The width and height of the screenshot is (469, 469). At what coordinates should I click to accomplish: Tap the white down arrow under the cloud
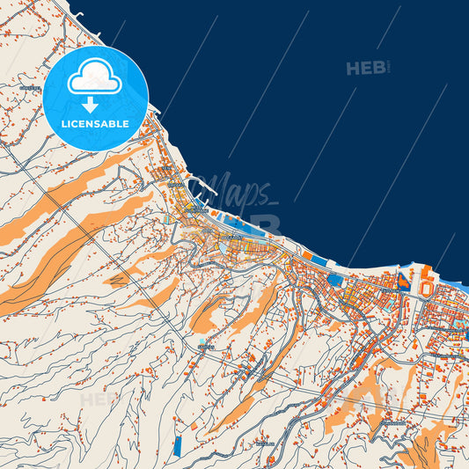[x=95, y=103]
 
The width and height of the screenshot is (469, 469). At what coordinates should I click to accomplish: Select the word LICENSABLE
[x=95, y=124]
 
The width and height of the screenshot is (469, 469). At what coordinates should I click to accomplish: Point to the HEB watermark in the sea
[x=367, y=68]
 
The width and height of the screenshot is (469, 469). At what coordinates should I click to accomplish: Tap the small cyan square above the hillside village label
[x=202, y=340]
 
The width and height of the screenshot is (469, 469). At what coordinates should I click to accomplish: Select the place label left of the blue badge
[x=29, y=89]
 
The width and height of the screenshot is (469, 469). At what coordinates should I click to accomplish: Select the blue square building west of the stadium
[x=335, y=280]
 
